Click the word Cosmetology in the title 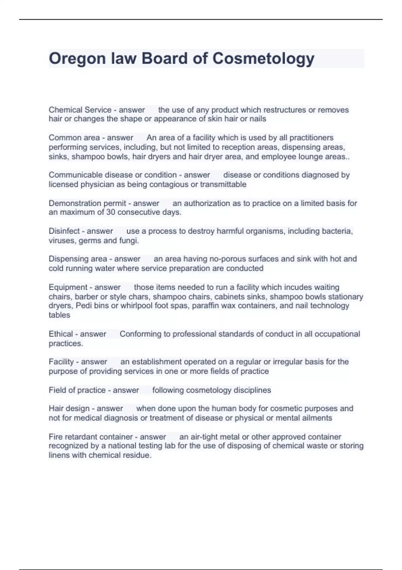click(x=263, y=59)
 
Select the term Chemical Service click(x=80, y=110)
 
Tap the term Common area click(x=74, y=138)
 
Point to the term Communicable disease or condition click(x=113, y=175)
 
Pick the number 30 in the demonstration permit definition click(x=111, y=212)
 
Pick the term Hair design click(x=69, y=408)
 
